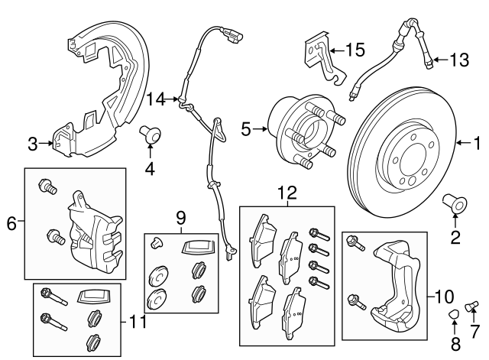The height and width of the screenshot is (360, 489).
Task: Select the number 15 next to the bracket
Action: click(355, 50)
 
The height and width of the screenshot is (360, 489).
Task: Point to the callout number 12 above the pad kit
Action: click(286, 195)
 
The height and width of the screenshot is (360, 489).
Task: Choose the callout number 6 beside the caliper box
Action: click(11, 223)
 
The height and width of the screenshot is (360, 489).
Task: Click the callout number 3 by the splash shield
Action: click(32, 142)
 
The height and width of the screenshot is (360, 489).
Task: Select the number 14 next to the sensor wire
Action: click(156, 98)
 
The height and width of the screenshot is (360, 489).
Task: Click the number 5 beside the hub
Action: click(245, 130)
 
